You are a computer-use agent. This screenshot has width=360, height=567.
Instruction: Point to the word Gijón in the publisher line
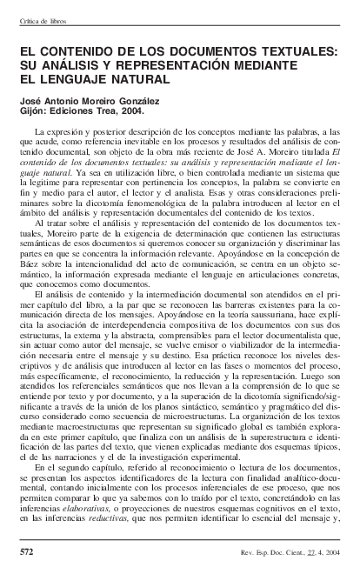click(33, 111)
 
